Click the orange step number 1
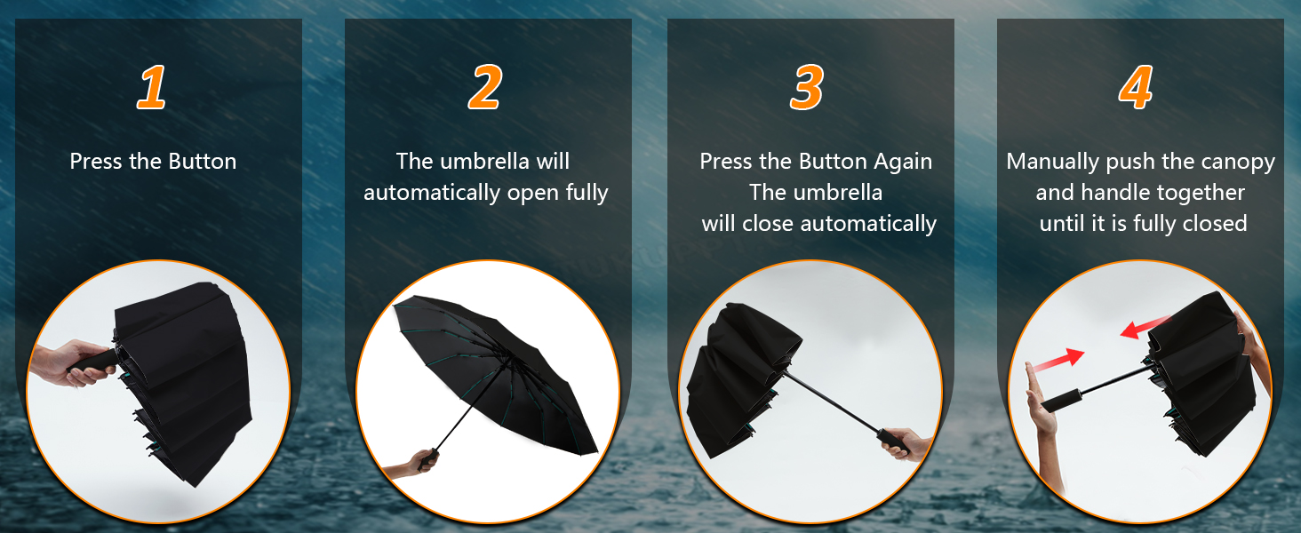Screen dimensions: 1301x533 point(152,87)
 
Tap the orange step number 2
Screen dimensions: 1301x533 point(484,87)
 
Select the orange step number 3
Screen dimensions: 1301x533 point(807,87)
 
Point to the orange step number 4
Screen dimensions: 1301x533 point(1136,87)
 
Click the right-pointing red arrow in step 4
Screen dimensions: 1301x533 point(1058,360)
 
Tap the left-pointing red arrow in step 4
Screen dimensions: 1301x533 point(1145,328)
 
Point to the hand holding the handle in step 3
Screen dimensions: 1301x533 point(907,443)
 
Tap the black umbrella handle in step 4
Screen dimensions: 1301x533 point(1062,400)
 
